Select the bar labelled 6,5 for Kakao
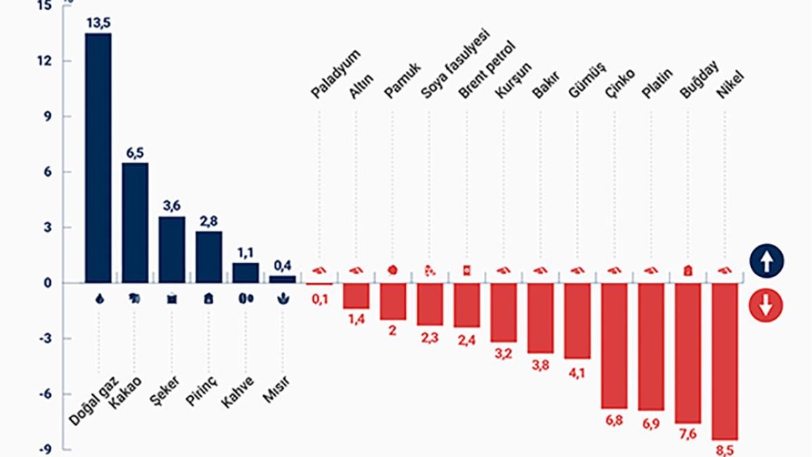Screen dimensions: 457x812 (x=135, y=222)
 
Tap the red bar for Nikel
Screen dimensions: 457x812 (x=725, y=361)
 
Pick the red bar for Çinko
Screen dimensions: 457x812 (x=614, y=345)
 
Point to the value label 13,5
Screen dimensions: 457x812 (x=98, y=22)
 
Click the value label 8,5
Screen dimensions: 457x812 (x=725, y=450)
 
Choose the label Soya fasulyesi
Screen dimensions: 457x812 (x=455, y=64)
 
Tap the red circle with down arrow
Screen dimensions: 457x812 (x=766, y=307)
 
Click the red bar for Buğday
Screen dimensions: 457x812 (x=687, y=353)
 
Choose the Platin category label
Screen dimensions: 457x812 (x=656, y=82)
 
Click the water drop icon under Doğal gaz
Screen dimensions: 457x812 (x=99, y=298)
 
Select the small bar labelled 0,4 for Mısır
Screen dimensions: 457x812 (x=282, y=279)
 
